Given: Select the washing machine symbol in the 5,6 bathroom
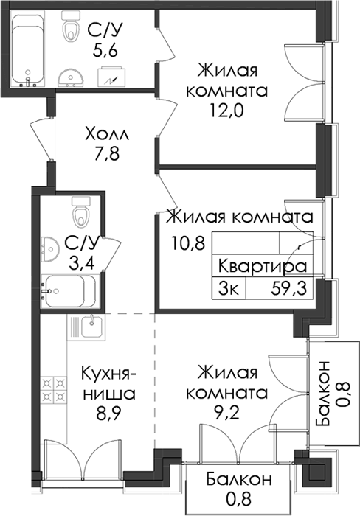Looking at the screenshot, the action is (111, 77).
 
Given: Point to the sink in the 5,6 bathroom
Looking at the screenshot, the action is (71, 78).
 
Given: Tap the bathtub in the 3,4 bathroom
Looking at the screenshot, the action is (69, 291).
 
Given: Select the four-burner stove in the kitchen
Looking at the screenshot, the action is (54, 388).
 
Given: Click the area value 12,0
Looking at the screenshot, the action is (226, 111).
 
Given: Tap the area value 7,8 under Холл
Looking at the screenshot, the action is (106, 154).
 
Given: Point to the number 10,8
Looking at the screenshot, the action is (188, 244).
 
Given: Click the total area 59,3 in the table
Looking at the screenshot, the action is (289, 289).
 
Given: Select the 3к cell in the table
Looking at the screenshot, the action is (228, 289).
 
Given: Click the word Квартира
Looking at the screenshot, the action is (263, 266).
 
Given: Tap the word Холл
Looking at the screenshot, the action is (107, 134).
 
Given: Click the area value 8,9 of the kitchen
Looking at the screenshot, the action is (109, 413).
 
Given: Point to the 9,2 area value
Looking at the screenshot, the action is (227, 411).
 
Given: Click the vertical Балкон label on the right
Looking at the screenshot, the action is (322, 393).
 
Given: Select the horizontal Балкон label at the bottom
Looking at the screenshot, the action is (239, 479).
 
